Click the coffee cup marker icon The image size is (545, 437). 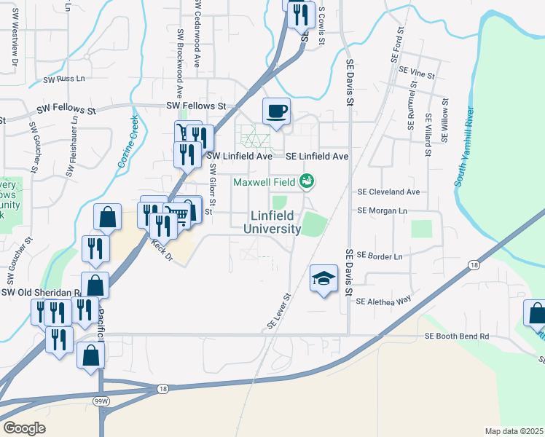pyautogui.click(x=276, y=111)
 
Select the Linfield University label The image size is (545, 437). pyautogui.click(x=275, y=222)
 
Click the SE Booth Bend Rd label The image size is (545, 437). pyautogui.click(x=457, y=336)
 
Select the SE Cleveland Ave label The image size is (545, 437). pyautogui.click(x=388, y=192)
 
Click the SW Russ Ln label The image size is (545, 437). pyautogui.click(x=64, y=79)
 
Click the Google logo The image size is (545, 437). pyautogui.click(x=24, y=428)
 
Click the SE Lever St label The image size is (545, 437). pyautogui.click(x=278, y=312)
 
